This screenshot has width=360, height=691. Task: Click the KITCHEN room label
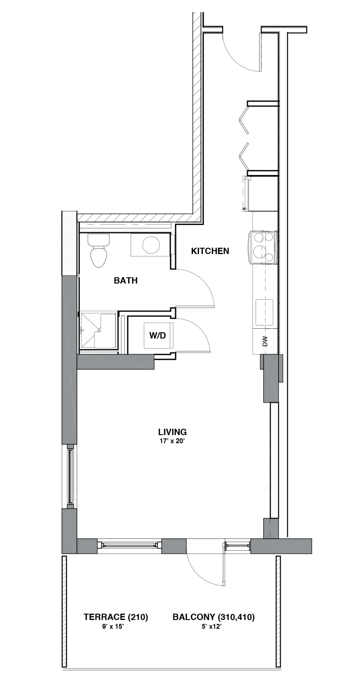pyautogui.click(x=210, y=251)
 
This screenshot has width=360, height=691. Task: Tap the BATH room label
pyautogui.click(x=125, y=280)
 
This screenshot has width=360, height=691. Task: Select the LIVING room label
pyautogui.click(x=172, y=432)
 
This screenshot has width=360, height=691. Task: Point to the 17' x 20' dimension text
pyautogui.click(x=172, y=441)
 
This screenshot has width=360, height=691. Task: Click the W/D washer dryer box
pyautogui.click(x=158, y=335)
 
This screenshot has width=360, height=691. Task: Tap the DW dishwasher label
pyautogui.click(x=265, y=341)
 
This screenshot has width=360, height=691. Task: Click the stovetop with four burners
pyautogui.click(x=263, y=248)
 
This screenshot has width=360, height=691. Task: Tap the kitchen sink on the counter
pyautogui.click(x=265, y=312)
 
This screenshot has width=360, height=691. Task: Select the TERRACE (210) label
pyautogui.click(x=116, y=617)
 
